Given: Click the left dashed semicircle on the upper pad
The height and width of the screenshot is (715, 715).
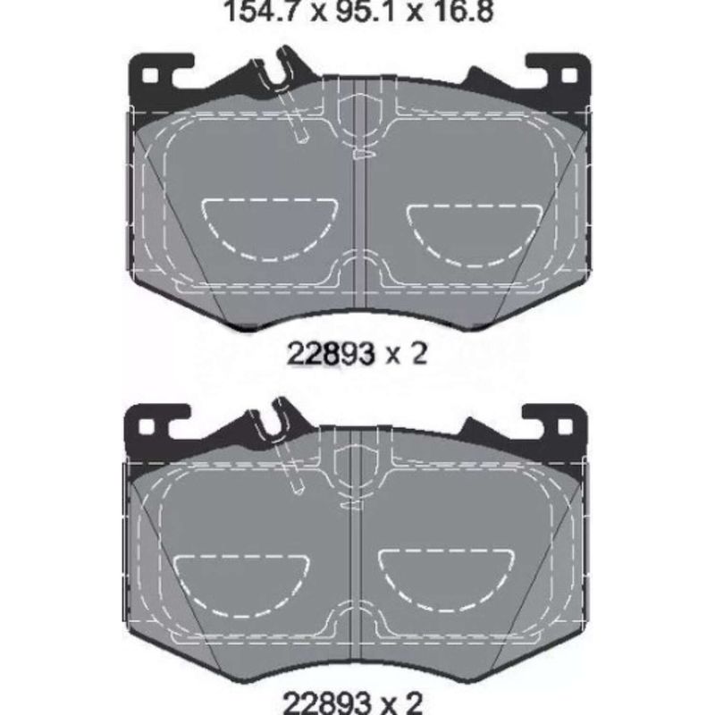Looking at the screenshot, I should click(269, 223).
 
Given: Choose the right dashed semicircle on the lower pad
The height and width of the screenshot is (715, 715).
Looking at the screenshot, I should click(447, 576).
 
